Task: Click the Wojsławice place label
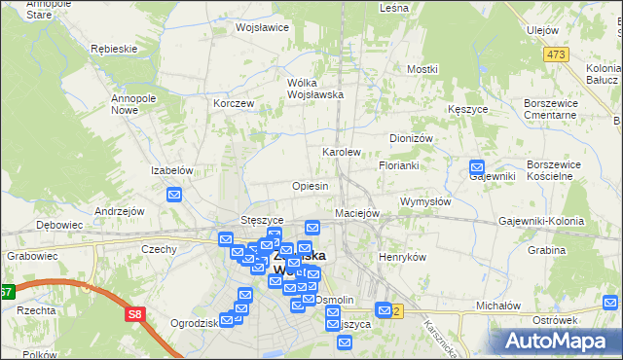(x=262, y=27)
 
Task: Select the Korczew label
(x=234, y=103)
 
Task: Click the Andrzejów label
(x=119, y=211)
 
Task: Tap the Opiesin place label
(x=310, y=185)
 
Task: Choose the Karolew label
(x=342, y=153)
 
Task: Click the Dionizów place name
(x=410, y=138)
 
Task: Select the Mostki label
(x=422, y=69)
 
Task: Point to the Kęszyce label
(x=468, y=110)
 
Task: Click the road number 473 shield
(x=556, y=54)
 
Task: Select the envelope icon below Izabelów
(x=174, y=195)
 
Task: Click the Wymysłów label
(x=425, y=201)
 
